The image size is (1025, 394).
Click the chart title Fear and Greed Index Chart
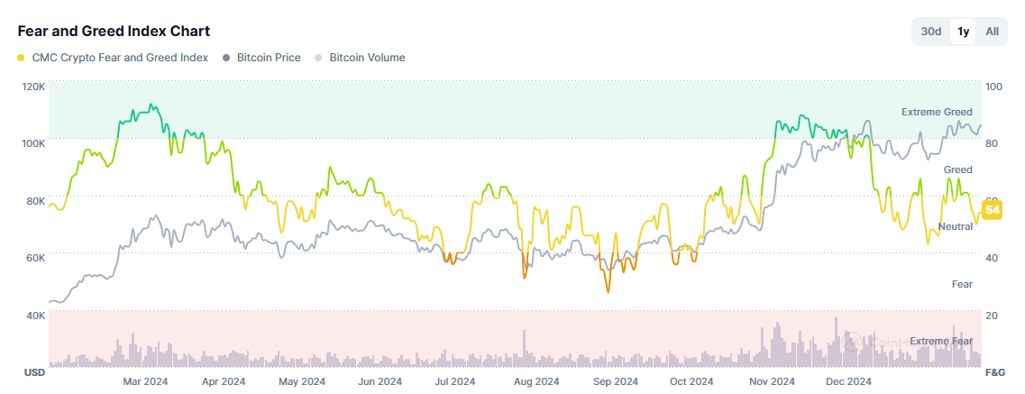click(x=114, y=32)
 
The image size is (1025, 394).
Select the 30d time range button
click(x=931, y=32)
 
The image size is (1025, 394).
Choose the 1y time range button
click(x=963, y=32)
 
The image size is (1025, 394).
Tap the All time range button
click(x=992, y=32)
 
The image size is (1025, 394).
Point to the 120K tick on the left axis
click(x=33, y=87)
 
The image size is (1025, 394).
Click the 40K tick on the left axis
click(x=33, y=316)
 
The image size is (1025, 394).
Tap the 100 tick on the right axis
click(x=994, y=87)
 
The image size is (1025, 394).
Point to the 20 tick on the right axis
click(x=992, y=316)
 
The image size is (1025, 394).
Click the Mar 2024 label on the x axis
click(x=145, y=381)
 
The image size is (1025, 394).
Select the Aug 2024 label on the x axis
click(x=535, y=381)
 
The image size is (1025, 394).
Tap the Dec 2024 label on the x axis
click(x=848, y=381)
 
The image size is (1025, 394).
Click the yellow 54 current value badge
click(x=993, y=210)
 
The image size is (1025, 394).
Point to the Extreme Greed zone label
click(x=937, y=112)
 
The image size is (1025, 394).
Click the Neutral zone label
click(x=955, y=226)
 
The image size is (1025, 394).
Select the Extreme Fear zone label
click(x=941, y=341)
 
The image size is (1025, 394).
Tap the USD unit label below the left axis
click(x=33, y=372)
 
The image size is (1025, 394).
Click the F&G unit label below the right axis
click(x=995, y=372)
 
